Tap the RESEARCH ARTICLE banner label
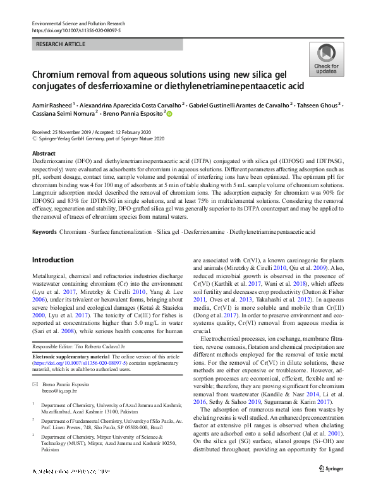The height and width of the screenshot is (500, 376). (x=60, y=45)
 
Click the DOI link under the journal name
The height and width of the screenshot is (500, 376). (x=76, y=30)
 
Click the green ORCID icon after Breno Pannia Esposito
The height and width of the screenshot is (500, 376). (x=169, y=114)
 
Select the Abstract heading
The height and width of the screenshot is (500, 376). (x=44, y=154)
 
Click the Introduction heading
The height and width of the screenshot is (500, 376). (x=52, y=260)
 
